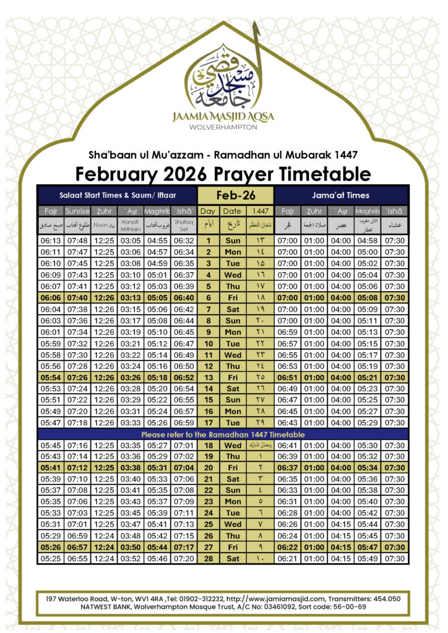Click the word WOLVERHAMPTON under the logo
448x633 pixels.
(x=223, y=126)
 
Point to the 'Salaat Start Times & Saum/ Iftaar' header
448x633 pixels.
(x=117, y=195)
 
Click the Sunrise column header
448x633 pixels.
(x=77, y=211)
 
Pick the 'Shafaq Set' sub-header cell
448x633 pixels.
(x=184, y=226)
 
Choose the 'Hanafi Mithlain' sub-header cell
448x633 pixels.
(x=131, y=226)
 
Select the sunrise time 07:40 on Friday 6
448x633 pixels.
(x=77, y=297)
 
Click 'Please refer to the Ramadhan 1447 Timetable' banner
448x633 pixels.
(x=223, y=435)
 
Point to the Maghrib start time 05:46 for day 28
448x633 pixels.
(x=157, y=558)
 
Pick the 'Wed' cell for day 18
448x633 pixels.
(x=233, y=445)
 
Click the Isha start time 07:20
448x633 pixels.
(x=184, y=558)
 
